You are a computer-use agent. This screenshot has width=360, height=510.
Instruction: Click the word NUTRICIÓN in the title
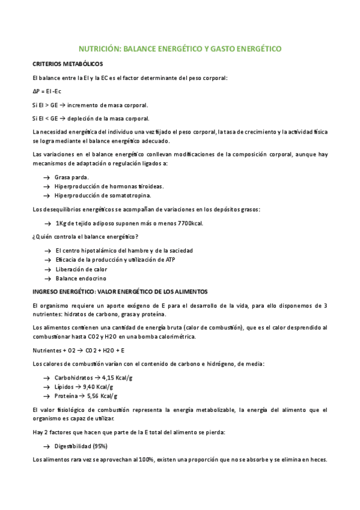click(100, 49)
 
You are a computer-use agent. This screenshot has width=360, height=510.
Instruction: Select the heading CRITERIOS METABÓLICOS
click(67, 64)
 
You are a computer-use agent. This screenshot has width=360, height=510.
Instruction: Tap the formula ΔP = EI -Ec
click(51, 91)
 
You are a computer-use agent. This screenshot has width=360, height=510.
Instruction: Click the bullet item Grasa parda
click(72, 177)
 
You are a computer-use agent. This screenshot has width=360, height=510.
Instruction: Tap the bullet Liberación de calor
click(81, 269)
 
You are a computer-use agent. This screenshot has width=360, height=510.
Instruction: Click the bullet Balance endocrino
click(81, 278)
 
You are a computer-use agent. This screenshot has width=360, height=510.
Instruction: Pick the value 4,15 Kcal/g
click(113, 378)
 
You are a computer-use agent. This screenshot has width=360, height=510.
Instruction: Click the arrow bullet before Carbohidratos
click(47, 378)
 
